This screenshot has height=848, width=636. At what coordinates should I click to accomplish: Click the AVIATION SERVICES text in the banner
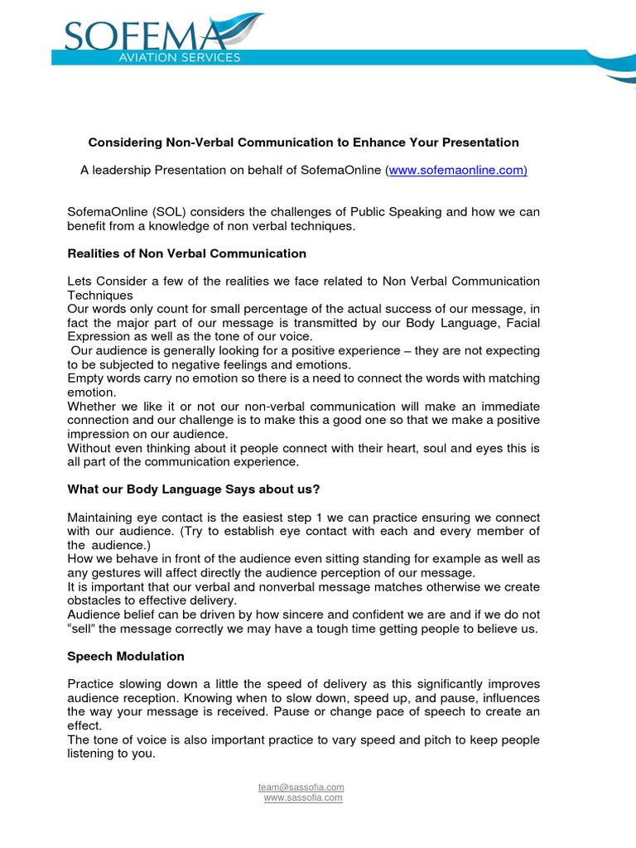[x=181, y=58]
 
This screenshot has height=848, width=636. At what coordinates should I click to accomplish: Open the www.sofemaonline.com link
[x=457, y=170]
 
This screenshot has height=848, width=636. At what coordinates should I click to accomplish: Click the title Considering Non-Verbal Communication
[x=303, y=142]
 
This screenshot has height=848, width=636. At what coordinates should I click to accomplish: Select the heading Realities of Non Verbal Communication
[x=186, y=253]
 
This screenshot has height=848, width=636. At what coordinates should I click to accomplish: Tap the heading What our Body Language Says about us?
[x=196, y=489]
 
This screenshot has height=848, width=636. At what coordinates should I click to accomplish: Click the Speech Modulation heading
[x=126, y=656]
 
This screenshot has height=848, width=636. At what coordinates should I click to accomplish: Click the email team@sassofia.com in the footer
[x=301, y=787]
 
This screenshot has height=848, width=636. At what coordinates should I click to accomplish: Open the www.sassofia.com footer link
[x=302, y=797]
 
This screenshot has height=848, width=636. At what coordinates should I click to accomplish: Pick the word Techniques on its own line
[x=99, y=295]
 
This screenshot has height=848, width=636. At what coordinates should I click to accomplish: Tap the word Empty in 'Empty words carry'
[x=84, y=378]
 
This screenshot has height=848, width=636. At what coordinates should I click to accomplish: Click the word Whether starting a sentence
[x=92, y=406]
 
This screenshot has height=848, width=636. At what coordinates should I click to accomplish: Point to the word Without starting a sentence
[x=90, y=448]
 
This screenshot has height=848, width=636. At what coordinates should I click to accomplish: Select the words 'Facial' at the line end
[x=521, y=322]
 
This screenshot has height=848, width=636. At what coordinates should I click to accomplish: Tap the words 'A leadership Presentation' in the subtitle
[x=149, y=170]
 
